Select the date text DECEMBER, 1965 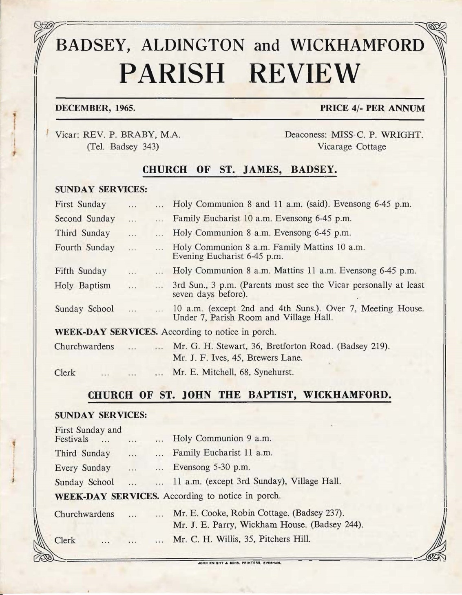pyautogui.click(x=95, y=108)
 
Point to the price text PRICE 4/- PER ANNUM pyautogui.click(x=372, y=108)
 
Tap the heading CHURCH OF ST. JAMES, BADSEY pyautogui.click(x=239, y=170)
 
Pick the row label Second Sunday pyautogui.click(x=85, y=219)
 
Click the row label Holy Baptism pyautogui.click(x=83, y=285)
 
